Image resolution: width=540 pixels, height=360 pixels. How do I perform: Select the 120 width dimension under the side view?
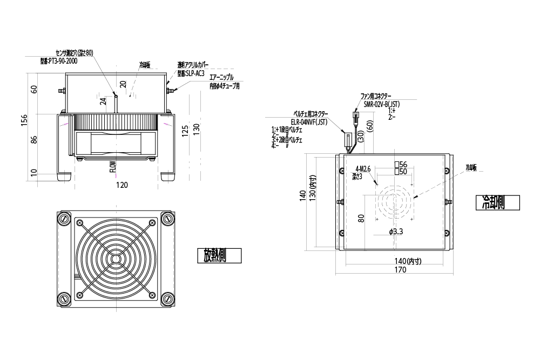[x=122, y=185]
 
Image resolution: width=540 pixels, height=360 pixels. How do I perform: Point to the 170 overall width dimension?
[x=399, y=270]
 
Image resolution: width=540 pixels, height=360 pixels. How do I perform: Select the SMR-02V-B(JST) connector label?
[x=381, y=103]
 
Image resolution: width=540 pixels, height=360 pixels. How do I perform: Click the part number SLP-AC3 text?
[x=191, y=73]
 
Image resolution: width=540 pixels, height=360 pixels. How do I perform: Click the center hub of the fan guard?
[x=116, y=258]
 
